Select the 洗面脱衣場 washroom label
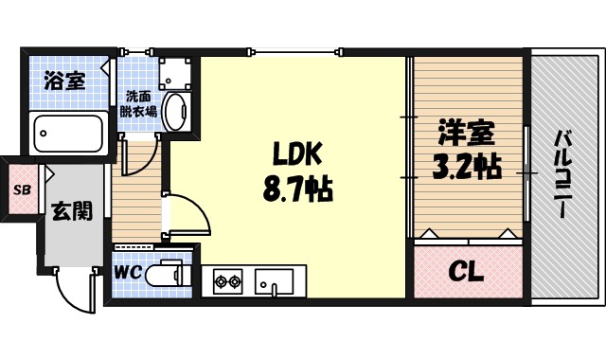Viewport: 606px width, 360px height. point(138,102)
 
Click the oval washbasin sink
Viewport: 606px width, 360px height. point(175,112)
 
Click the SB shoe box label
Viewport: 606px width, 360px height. point(20,189)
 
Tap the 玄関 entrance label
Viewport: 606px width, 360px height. point(71,210)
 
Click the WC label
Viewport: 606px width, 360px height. point(128,273)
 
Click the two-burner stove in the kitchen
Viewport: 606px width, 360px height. point(227,280)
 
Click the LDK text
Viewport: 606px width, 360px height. point(299,154)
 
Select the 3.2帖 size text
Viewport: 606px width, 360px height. point(466,169)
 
